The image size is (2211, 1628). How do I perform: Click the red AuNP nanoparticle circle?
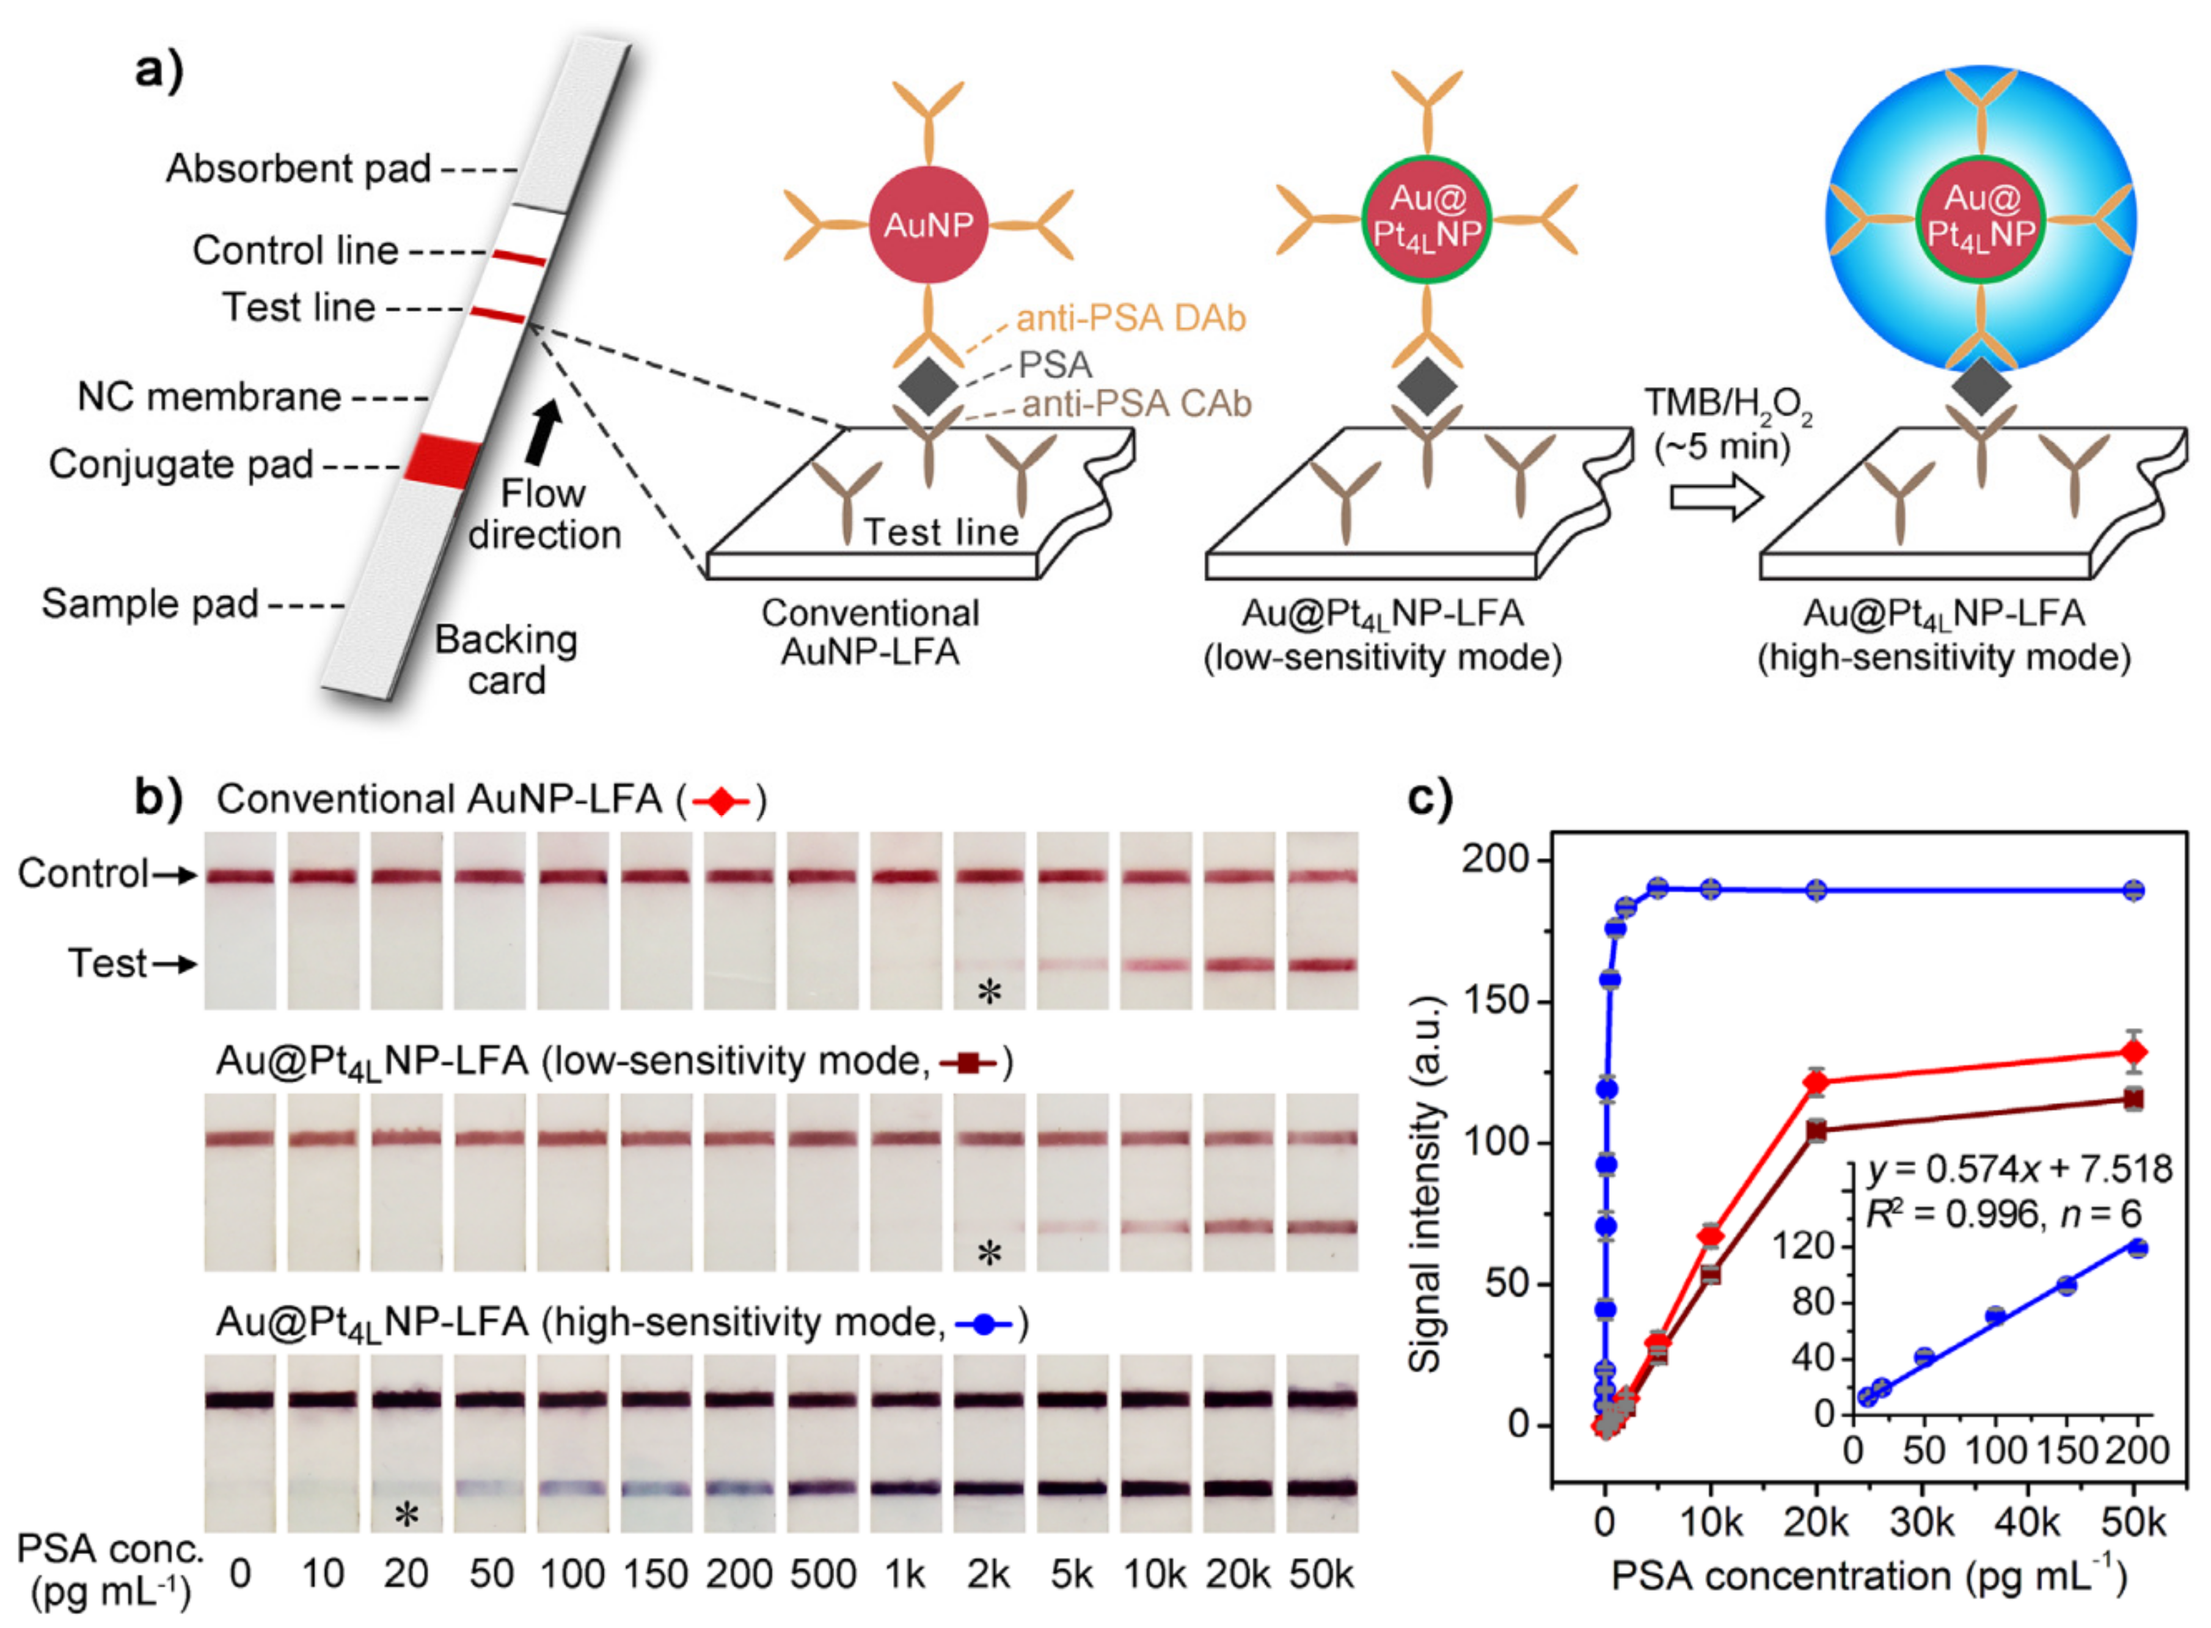pyautogui.click(x=927, y=225)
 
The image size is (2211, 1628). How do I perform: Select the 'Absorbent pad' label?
pyautogui.click(x=298, y=169)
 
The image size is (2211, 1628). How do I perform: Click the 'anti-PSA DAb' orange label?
pyautogui.click(x=1131, y=318)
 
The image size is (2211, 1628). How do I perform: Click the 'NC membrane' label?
pyautogui.click(x=209, y=397)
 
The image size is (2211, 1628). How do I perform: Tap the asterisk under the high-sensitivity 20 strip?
pyautogui.click(x=406, y=1515)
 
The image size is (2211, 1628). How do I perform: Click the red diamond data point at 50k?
pyautogui.click(x=2134, y=1052)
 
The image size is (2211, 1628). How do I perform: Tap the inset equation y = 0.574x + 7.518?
pyautogui.click(x=2019, y=1170)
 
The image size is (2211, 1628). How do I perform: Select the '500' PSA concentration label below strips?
pyautogui.click(x=823, y=1574)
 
